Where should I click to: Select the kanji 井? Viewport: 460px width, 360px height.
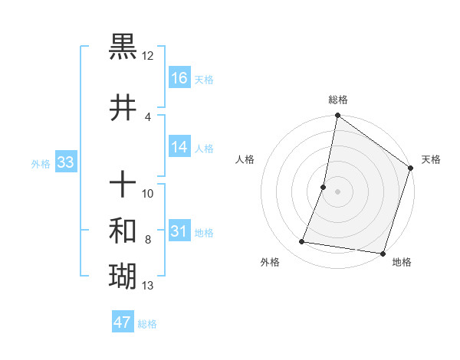coord(123,108)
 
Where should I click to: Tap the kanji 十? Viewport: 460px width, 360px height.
coord(123,184)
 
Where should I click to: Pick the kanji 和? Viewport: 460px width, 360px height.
coord(123,231)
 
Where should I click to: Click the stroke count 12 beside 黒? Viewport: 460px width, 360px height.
coord(147,56)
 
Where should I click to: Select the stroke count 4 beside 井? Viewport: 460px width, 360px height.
coord(147,117)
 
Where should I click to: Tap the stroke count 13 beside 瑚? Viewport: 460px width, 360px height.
coord(147,286)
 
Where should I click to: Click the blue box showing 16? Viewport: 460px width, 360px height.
coord(179,78)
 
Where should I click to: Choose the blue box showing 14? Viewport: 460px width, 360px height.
coord(179,147)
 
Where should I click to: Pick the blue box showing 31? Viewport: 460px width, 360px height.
coord(179,231)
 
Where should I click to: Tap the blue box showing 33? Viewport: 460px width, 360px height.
coord(65,162)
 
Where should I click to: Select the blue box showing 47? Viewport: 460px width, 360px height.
coord(123,322)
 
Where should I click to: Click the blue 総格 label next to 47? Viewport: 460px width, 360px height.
coord(147,324)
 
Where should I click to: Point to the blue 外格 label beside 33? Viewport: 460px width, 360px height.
coord(40,163)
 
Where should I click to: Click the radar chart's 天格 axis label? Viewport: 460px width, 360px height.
coord(431,159)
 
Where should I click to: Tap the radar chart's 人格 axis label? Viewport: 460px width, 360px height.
coord(245,159)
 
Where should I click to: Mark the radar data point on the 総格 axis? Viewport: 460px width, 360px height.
coord(337,116)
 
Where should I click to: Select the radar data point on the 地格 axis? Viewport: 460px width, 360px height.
coord(382,253)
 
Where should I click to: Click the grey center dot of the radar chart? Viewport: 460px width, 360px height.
coord(337,191)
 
